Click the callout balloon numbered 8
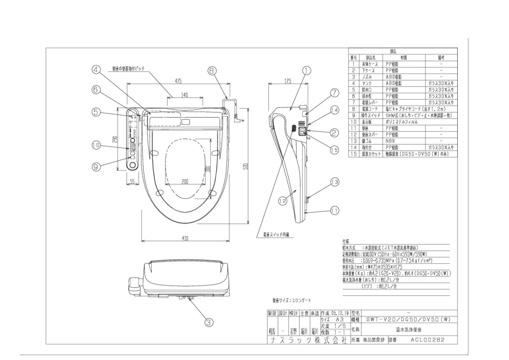coord(212,71)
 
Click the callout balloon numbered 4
coord(97,70)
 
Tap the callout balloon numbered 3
coord(209,322)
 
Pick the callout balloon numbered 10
coord(96,146)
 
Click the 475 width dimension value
coord(178,81)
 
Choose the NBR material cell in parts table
coord(391,141)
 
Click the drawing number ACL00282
coord(427,339)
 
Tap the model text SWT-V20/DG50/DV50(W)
coord(409,319)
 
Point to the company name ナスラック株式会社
coord(307,340)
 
